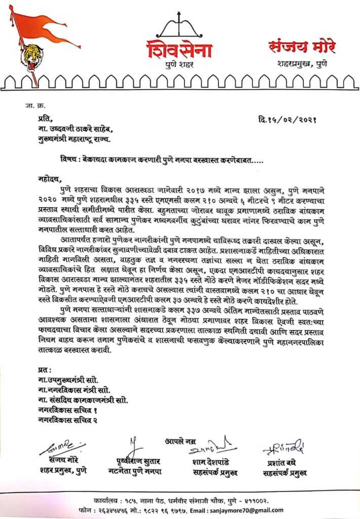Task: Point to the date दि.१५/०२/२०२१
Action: click(287, 120)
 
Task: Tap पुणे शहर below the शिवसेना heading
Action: click(180, 65)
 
